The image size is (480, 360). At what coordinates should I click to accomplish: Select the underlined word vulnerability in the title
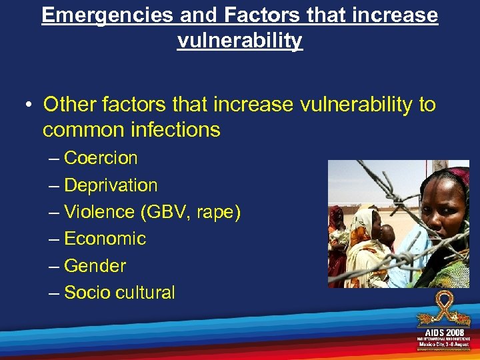[239, 41]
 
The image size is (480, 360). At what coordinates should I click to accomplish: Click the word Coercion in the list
[101, 158]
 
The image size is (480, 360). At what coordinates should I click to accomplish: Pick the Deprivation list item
[111, 185]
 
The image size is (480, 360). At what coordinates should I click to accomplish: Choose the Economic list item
[105, 239]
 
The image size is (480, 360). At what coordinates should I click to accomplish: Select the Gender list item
[95, 265]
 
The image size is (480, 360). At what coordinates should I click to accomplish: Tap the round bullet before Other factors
[29, 105]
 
